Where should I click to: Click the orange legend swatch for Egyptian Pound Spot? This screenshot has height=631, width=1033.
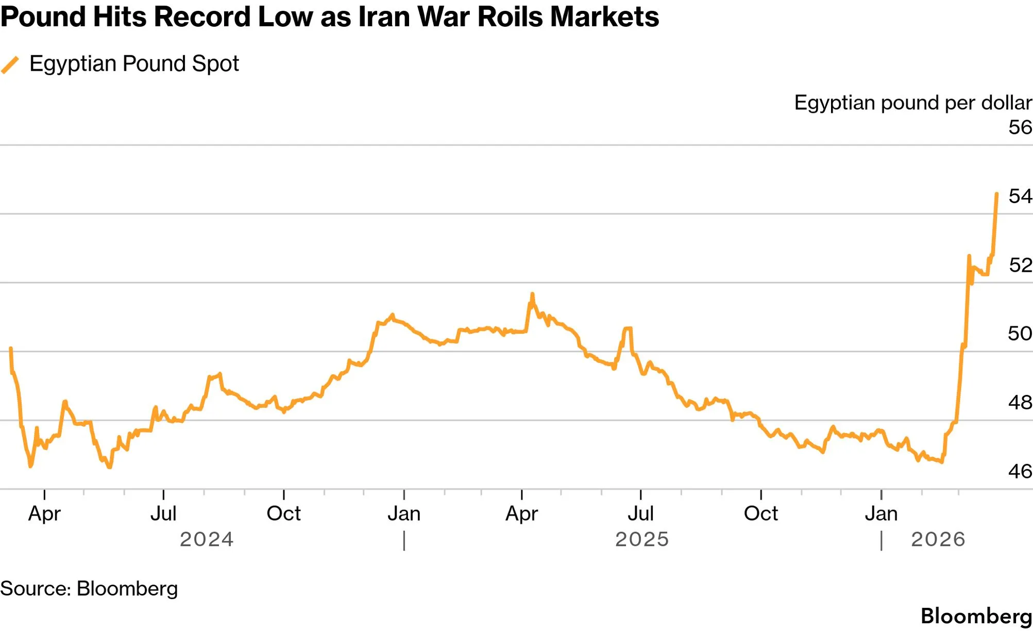10,65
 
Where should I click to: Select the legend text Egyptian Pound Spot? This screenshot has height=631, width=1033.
134,64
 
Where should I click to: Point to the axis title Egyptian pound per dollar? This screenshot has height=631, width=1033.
913,103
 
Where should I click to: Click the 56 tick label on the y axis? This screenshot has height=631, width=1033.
1020,127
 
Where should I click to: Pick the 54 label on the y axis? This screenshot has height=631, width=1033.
1020,196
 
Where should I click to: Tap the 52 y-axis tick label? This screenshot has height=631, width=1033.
1020,265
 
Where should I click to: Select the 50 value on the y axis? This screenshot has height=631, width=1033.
1020,334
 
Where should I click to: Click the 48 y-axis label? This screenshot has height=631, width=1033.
1020,403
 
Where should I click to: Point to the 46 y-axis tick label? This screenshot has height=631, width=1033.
1020,471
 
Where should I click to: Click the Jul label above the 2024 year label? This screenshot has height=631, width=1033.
163,513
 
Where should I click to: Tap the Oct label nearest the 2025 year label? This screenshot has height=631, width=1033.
761,513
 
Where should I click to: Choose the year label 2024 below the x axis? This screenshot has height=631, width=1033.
207,540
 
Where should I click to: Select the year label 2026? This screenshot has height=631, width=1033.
938,540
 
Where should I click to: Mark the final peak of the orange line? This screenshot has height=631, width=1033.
997,194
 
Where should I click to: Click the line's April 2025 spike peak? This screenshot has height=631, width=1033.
532,294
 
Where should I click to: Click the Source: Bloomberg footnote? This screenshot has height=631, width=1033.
89,589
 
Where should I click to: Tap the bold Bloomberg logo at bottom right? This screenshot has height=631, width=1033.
976,617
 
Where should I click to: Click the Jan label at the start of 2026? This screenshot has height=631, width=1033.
882,513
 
